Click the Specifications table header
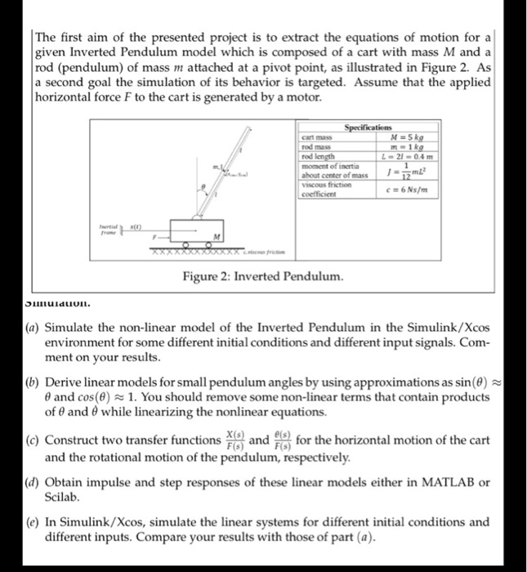coord(368,128)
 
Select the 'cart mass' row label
coord(315,138)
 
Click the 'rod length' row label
coord(318,155)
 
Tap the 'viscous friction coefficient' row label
coord(323,190)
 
